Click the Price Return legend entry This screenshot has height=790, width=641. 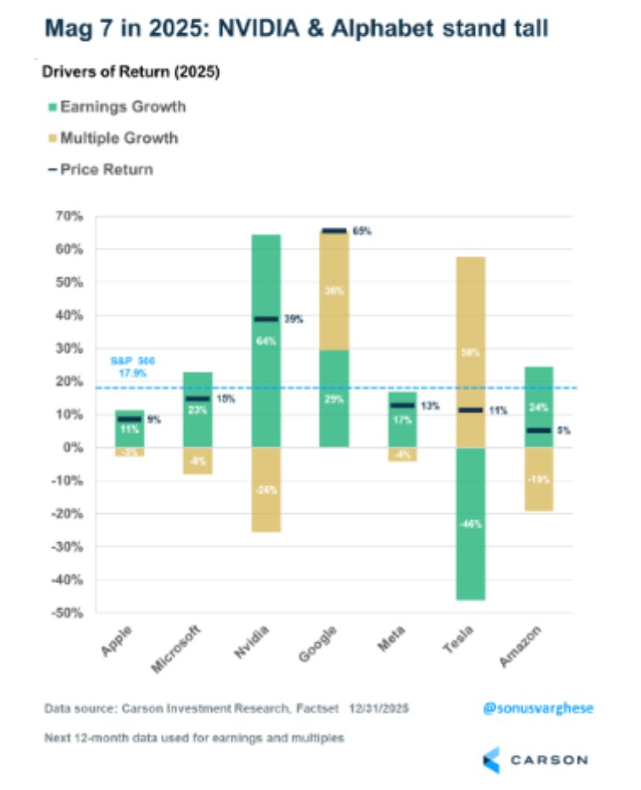coord(106,169)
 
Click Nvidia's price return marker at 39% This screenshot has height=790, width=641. coord(266,319)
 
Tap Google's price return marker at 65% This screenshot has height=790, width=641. coord(335,231)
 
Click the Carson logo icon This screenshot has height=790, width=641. coord(491,758)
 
